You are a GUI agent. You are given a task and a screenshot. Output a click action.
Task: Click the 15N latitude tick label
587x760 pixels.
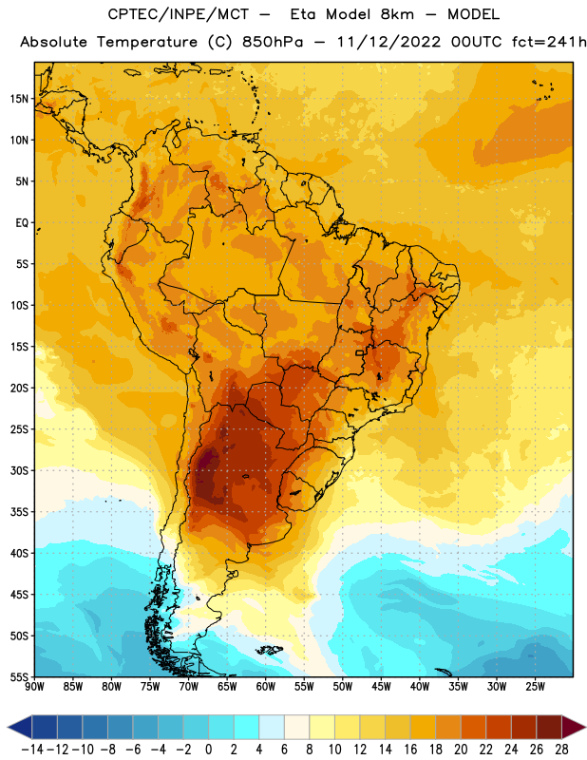[19, 99]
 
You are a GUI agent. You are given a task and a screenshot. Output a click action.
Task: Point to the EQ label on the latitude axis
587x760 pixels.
[22, 223]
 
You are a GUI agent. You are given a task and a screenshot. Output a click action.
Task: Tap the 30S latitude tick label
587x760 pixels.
[19, 470]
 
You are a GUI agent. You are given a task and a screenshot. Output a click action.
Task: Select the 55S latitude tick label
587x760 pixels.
[19, 676]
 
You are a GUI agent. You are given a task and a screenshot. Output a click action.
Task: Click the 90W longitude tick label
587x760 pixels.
[34, 687]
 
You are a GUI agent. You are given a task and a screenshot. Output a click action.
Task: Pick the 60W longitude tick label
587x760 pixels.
[266, 687]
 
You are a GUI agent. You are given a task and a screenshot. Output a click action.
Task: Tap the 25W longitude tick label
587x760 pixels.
[535, 687]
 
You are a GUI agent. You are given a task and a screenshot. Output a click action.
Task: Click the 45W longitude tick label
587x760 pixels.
[381, 687]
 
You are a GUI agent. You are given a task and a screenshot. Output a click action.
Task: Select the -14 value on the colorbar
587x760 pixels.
[32, 750]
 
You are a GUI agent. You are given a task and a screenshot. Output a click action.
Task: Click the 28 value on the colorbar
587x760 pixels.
[561, 750]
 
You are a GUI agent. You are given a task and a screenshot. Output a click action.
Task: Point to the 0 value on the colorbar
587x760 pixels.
[208, 750]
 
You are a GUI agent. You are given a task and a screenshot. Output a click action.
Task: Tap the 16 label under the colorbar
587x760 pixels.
[410, 750]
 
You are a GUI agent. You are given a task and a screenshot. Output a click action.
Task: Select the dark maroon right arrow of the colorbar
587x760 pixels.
[572, 727]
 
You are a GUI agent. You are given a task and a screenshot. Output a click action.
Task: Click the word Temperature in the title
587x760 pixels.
[147, 43]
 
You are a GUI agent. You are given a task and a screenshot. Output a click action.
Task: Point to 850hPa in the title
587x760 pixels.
[273, 42]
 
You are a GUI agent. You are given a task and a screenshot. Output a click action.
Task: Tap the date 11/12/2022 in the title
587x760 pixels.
[388, 42]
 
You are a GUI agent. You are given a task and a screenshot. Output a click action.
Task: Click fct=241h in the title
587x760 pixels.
[549, 42]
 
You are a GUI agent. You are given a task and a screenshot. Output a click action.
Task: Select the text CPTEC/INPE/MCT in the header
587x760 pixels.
[178, 14]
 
